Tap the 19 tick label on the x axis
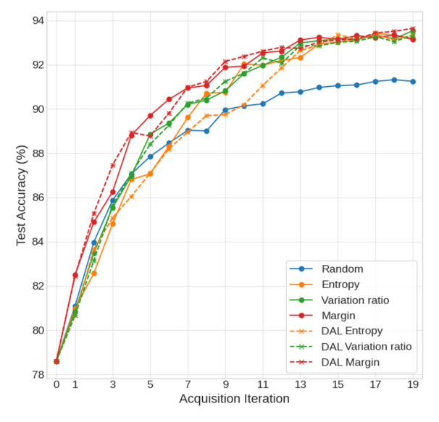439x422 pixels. (x=413, y=385)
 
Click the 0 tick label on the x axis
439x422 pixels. (x=57, y=385)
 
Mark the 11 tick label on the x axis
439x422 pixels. (x=263, y=385)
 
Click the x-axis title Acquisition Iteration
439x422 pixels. (x=235, y=400)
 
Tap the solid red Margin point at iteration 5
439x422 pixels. (x=150, y=116)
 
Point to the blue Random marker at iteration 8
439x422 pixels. (x=206, y=131)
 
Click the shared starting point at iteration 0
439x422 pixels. (x=57, y=361)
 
